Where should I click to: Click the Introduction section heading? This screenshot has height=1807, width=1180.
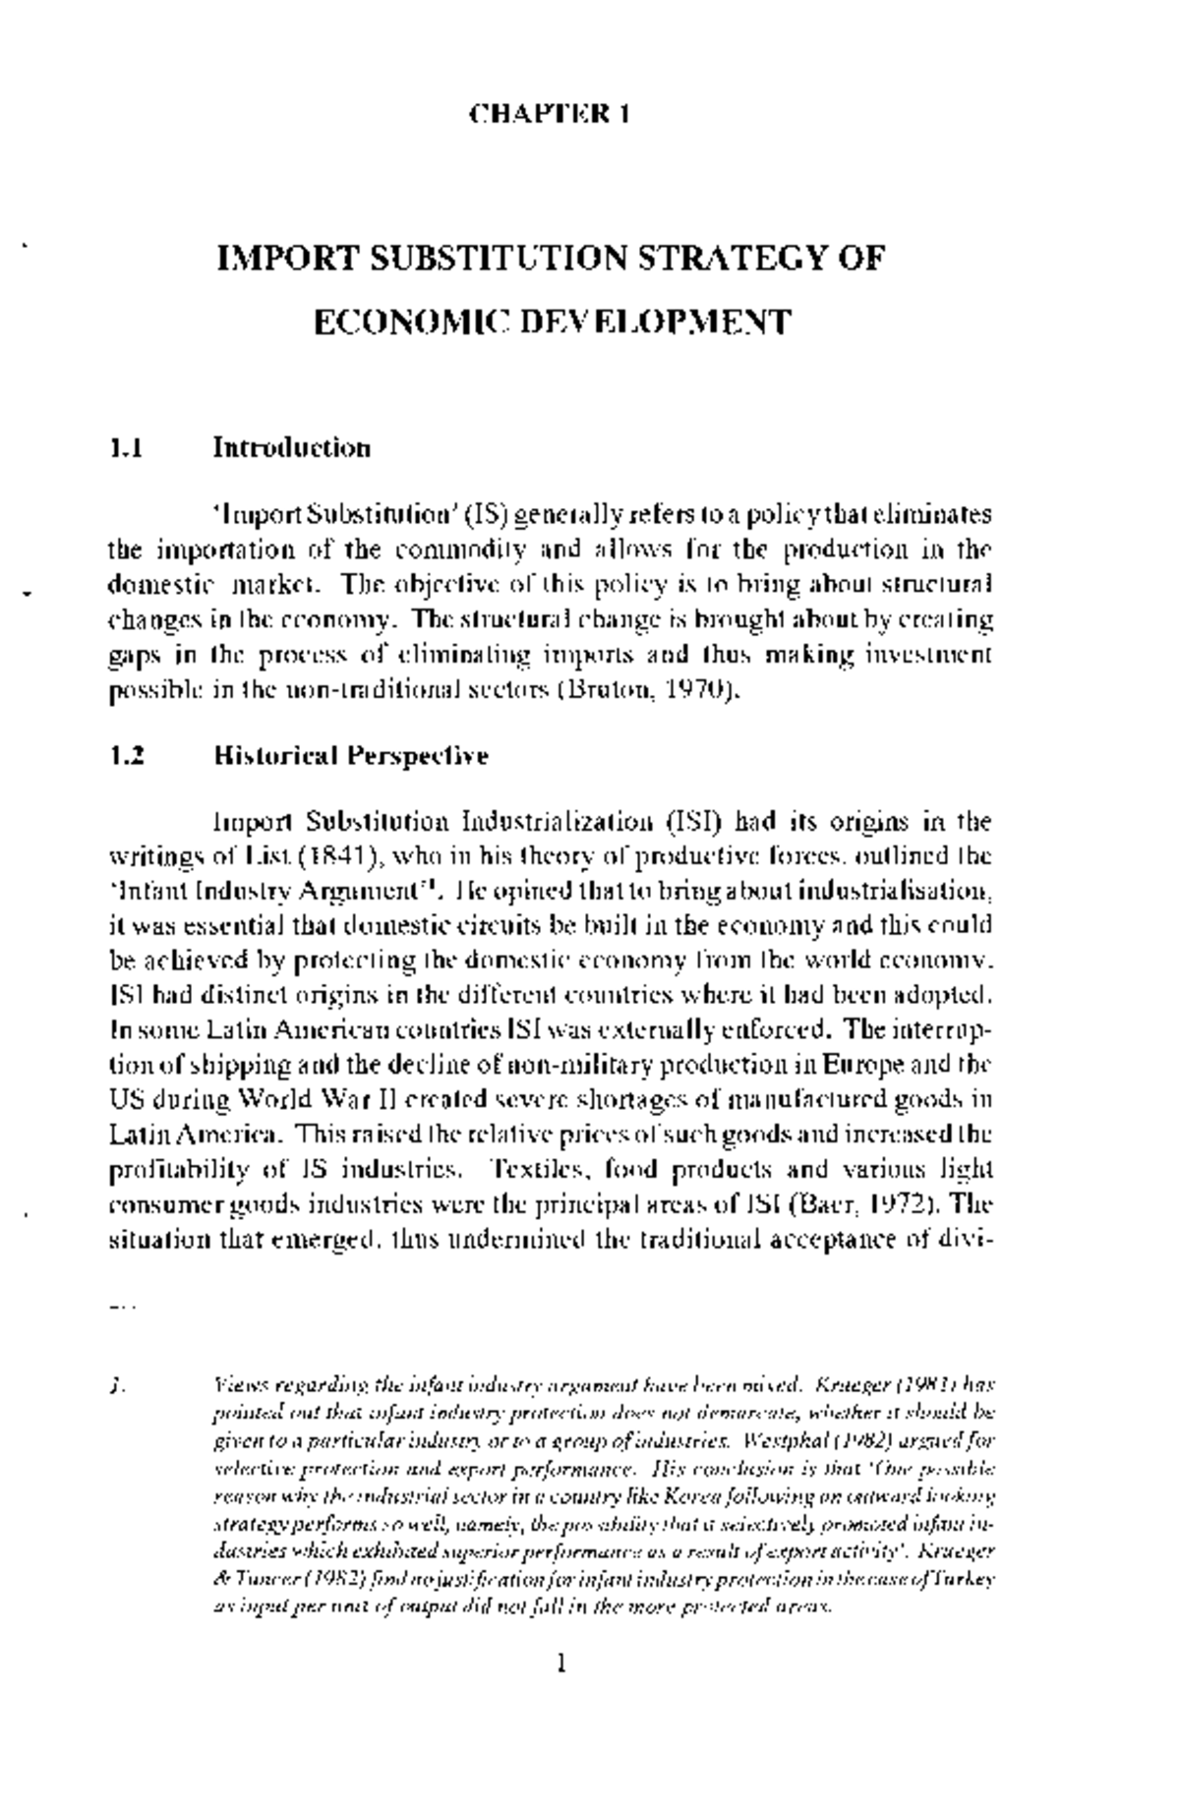tap(292, 448)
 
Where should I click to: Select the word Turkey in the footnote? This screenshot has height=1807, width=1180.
tap(968, 1579)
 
